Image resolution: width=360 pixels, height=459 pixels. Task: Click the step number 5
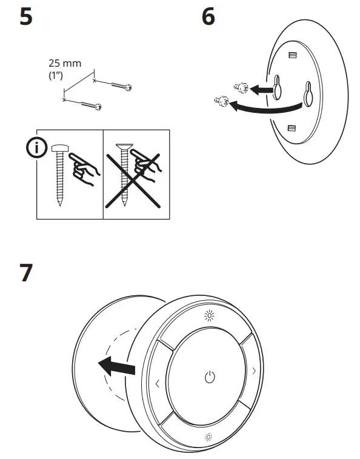[x=26, y=16]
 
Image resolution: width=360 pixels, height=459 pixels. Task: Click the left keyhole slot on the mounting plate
[x=278, y=86]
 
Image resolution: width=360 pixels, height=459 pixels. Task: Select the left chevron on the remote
[x=158, y=383]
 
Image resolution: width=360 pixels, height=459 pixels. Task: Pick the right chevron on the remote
[x=254, y=370]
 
